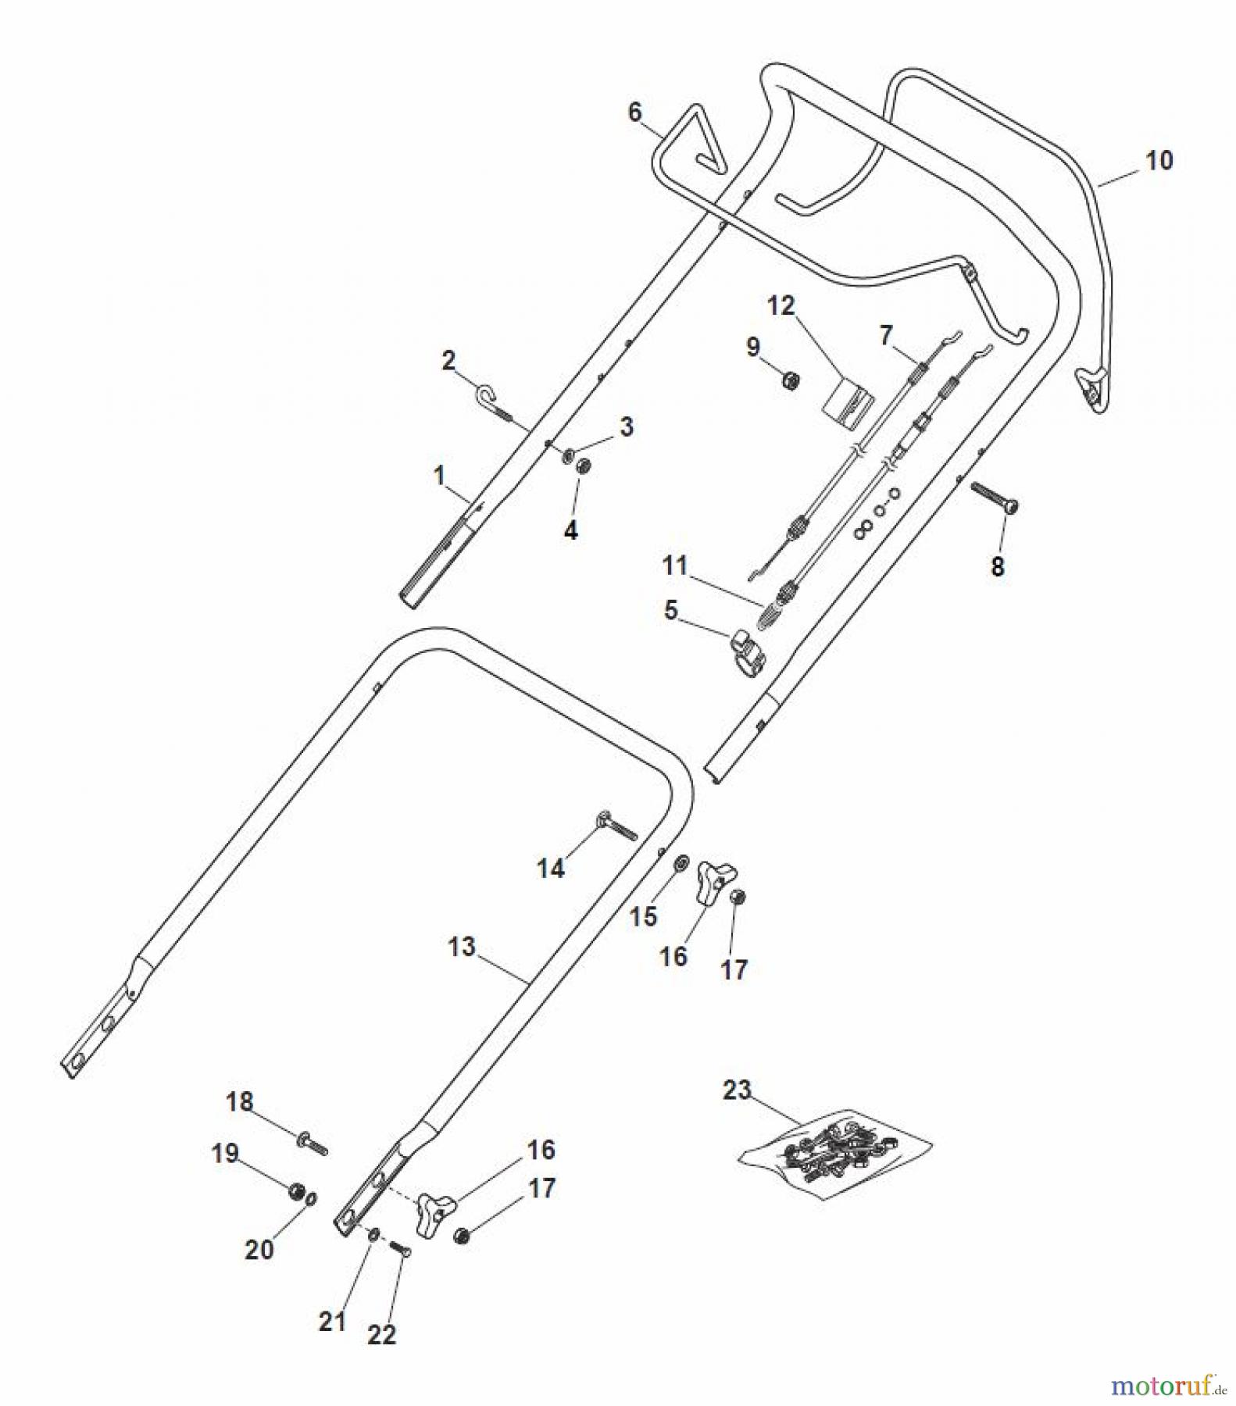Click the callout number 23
tap(736, 1090)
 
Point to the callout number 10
tap(1159, 160)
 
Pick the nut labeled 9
tap(791, 381)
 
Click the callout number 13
tap(462, 947)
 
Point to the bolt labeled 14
tap(617, 826)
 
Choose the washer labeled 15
tap(680, 863)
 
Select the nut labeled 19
tap(296, 1190)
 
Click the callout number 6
tap(634, 112)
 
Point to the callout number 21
tap(332, 1321)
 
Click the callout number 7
tap(885, 334)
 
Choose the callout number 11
tap(674, 565)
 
